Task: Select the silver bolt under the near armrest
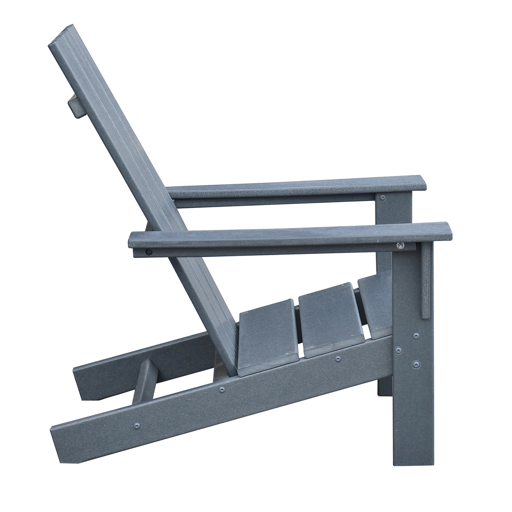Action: pyautogui.click(x=400, y=245)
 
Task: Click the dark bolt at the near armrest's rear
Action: pyautogui.click(x=148, y=252)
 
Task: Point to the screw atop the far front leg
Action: pyautogui.click(x=382, y=196)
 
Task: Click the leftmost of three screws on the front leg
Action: pyautogui.click(x=399, y=350)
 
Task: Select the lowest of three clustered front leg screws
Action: pyautogui.click(x=415, y=364)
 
